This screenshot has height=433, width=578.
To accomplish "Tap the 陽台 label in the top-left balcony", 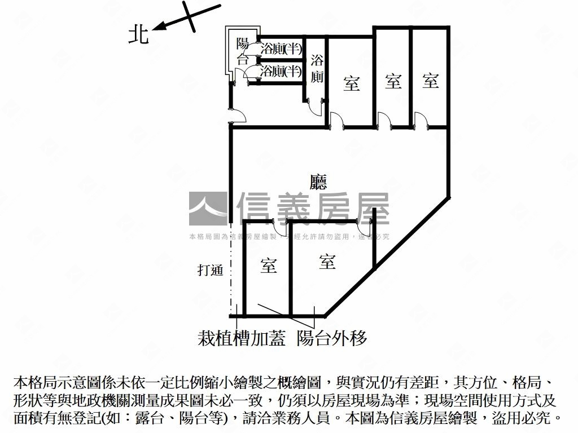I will tap(243, 51).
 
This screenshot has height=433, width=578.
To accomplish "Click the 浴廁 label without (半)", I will tap(317, 69).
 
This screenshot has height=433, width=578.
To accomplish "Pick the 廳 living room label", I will tap(319, 182).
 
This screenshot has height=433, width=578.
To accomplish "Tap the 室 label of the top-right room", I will tap(431, 81).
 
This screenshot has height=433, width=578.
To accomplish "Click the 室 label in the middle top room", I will tap(393, 81).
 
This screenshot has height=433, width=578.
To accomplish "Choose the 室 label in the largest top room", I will tap(352, 84).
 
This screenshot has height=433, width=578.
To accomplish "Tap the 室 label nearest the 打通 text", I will tap(269, 266).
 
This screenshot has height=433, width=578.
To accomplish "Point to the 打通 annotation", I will tap(211, 270).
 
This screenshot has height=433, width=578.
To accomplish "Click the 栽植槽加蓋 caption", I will tap(242, 338).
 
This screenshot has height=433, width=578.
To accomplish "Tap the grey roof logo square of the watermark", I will tap(208, 209).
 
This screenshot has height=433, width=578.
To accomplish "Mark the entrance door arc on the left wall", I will tap(239, 115).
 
